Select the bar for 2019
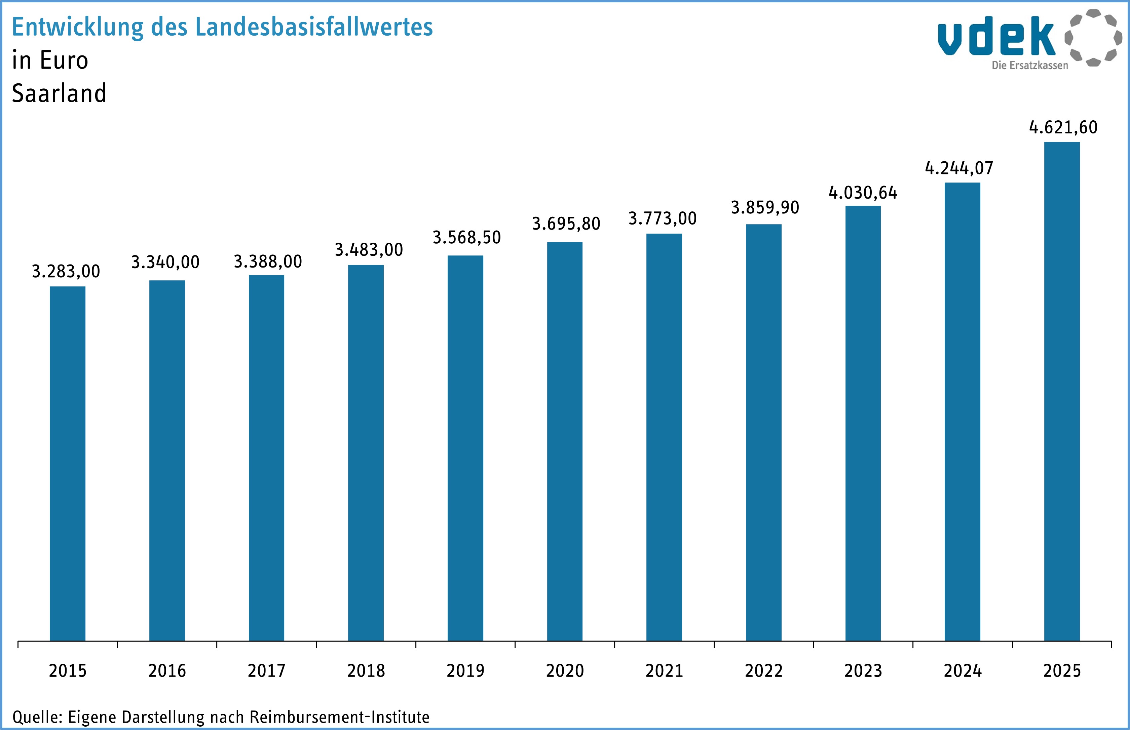coord(465,448)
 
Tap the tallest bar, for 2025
coord(1062,391)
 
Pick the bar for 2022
coord(763,432)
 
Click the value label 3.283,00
coord(66,272)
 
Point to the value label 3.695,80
coord(566,224)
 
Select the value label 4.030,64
coord(863,193)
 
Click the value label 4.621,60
coord(1063,127)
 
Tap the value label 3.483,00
coord(369,250)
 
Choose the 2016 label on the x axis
coord(167,671)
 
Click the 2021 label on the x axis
coord(664,671)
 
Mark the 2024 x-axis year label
coord(962,671)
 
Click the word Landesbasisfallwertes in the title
coord(314,27)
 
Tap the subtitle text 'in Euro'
coord(50,60)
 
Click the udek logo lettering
coord(996,37)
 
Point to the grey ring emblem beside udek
coord(1093,38)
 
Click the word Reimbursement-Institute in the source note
coord(339,717)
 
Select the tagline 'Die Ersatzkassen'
coord(1029,66)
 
